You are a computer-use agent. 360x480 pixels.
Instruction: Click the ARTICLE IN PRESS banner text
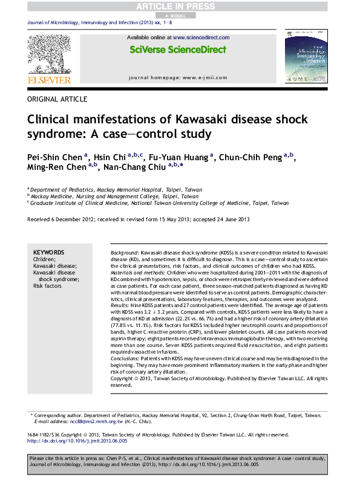[x=180, y=5]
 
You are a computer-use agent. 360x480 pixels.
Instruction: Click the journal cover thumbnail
[x=310, y=57]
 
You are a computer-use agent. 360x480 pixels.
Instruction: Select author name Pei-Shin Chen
[x=54, y=158]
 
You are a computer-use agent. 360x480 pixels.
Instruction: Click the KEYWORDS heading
[x=48, y=252]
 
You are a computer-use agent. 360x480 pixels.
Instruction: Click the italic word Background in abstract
[x=125, y=251]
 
